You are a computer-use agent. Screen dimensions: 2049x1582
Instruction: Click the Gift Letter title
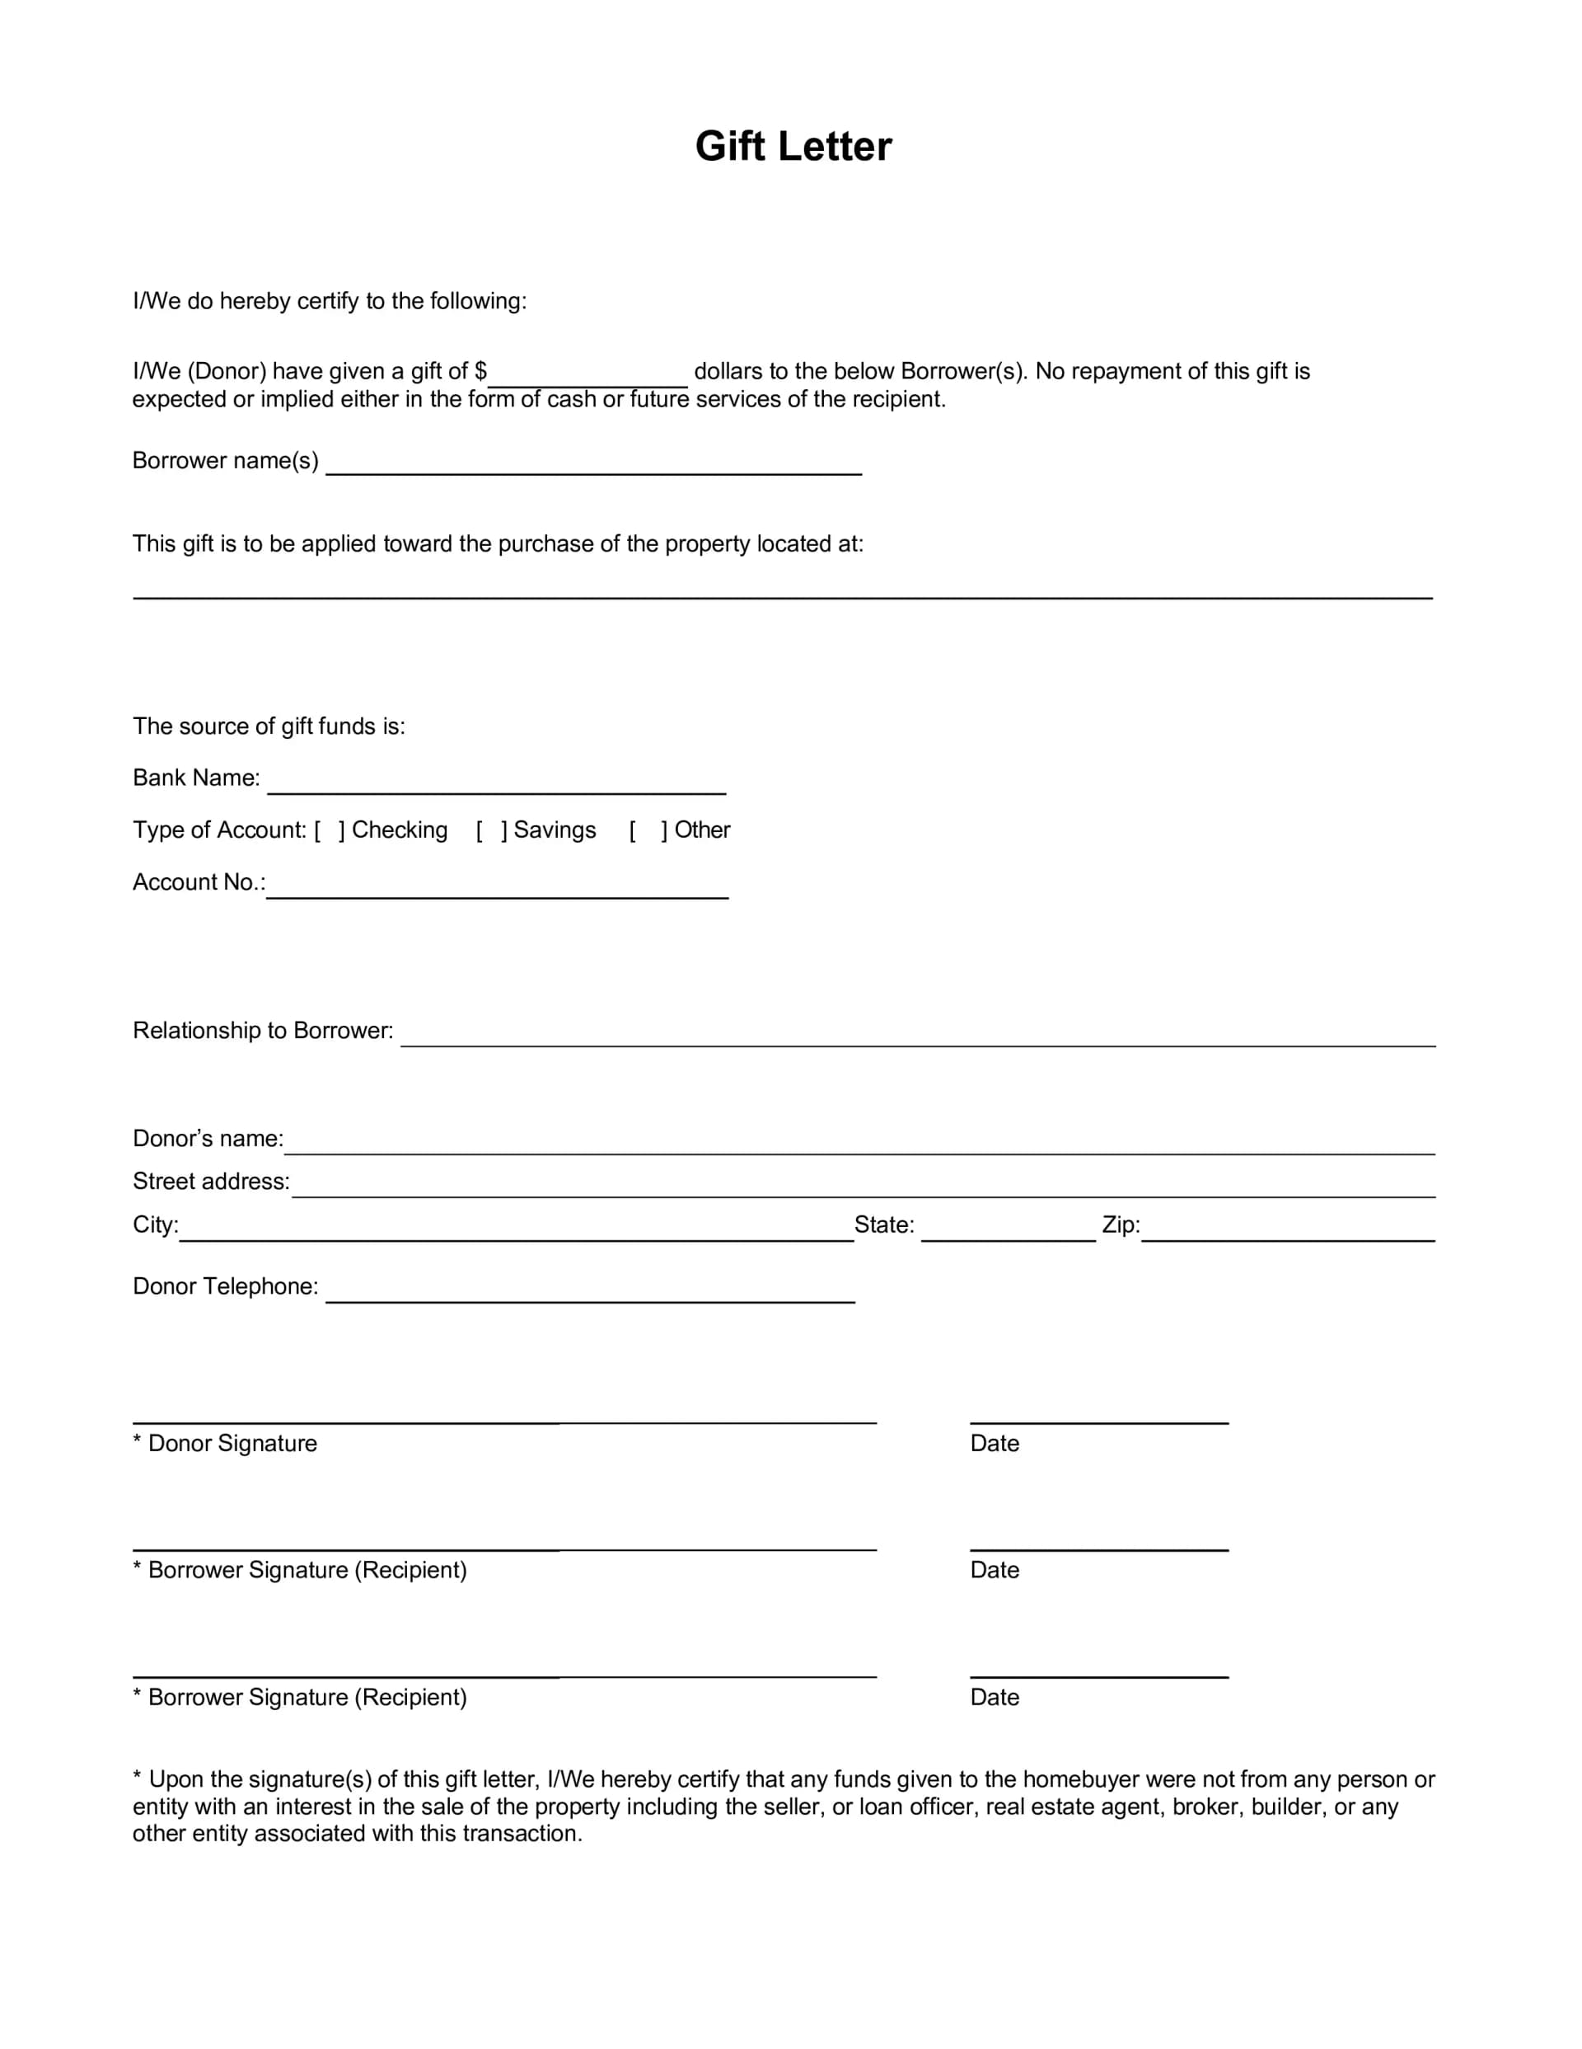[793, 147]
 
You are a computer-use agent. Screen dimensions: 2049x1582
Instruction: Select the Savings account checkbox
[491, 830]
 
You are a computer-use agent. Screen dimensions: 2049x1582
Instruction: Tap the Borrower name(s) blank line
[592, 463]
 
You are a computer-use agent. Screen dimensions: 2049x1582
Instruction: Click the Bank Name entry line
[496, 782]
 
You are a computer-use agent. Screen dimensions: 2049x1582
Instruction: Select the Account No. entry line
[497, 886]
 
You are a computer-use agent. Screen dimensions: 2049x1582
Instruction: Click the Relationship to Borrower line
[917, 1034]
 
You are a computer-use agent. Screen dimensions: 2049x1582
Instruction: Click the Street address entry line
[863, 1185]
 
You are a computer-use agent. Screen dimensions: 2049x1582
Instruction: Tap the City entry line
[516, 1229]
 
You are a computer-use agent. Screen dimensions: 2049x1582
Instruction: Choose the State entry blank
[1007, 1229]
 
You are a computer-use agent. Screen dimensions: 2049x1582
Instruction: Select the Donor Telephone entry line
[590, 1290]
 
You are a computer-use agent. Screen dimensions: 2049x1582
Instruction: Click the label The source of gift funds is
[269, 726]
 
